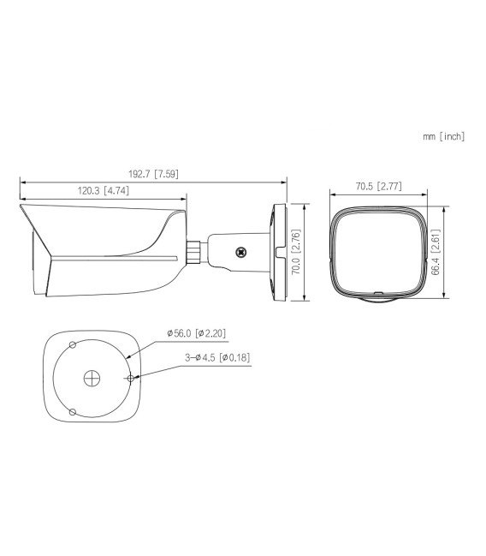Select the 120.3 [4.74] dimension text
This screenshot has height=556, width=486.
pos(103,190)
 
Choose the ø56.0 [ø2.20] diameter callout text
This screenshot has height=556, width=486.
pos(196,333)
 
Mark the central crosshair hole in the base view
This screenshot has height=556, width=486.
pos(92,378)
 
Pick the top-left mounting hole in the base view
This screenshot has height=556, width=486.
pos(73,344)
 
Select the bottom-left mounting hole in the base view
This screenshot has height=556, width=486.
pos(73,412)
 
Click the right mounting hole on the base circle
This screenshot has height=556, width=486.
pos(130,378)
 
